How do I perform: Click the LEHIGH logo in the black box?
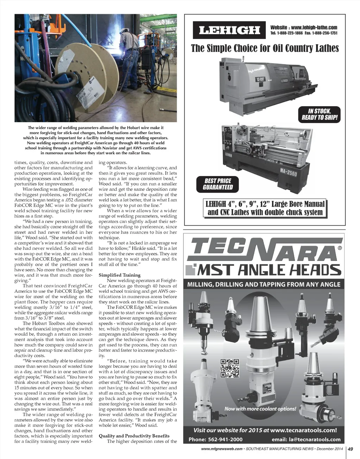(x=229, y=31)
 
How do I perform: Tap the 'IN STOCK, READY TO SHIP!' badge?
(x=320, y=114)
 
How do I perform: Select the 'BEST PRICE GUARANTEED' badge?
(x=218, y=184)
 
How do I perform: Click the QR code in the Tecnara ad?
(x=229, y=368)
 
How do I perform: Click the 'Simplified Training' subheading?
(x=119, y=275)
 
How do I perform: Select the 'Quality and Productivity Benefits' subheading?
(x=134, y=436)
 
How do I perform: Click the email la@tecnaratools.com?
(x=306, y=439)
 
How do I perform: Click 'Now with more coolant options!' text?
(x=260, y=409)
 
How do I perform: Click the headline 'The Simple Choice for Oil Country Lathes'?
(x=265, y=48)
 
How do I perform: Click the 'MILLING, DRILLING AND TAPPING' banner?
(x=264, y=284)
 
